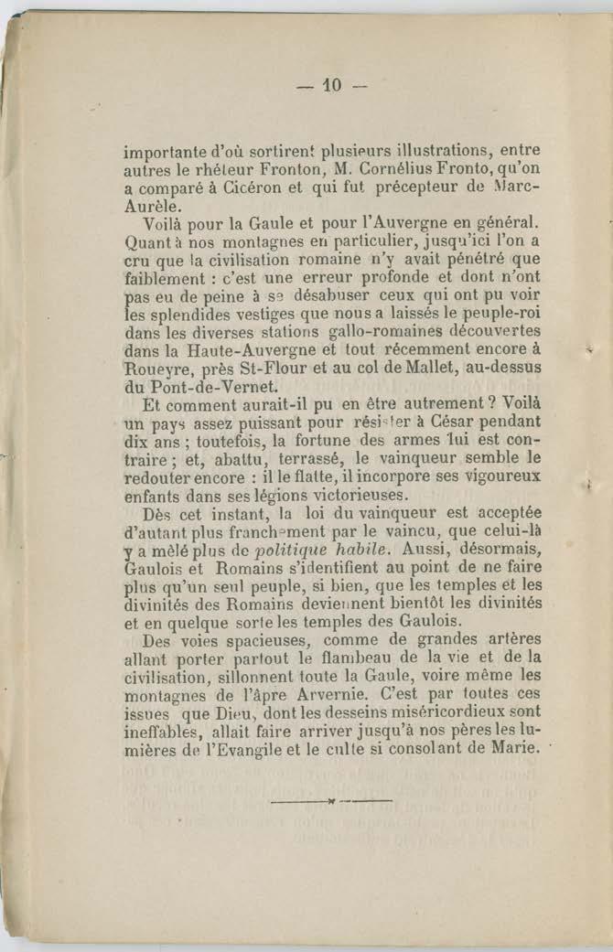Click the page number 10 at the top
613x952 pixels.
[330, 87]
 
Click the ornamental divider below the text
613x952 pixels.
[331, 802]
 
